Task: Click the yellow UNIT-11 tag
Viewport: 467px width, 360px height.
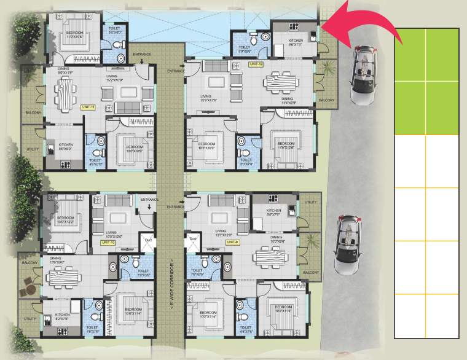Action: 88,107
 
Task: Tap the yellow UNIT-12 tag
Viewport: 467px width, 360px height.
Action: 256,64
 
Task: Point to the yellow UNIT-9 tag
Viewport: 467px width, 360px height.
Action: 232,242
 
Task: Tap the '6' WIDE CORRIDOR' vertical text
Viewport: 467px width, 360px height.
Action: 173,276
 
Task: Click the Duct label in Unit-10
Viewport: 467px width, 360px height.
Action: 148,237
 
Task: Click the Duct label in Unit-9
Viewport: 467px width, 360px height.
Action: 192,237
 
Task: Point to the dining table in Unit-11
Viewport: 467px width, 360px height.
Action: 66,95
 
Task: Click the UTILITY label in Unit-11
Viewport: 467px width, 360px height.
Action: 31,149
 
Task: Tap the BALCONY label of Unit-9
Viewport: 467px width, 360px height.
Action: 310,272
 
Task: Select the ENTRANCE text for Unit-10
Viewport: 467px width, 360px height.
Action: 149,200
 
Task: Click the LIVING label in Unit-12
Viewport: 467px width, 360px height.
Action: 209,96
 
